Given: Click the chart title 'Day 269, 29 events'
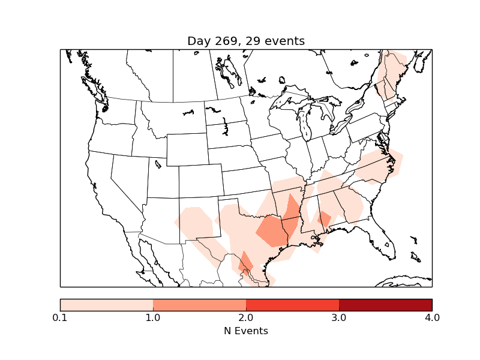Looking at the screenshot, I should (x=246, y=41).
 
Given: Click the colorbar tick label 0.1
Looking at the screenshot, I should (x=60, y=317).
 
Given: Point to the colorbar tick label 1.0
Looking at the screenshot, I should (x=153, y=317).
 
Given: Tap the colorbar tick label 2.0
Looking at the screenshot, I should (x=246, y=317).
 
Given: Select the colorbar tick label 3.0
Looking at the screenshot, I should (x=339, y=317).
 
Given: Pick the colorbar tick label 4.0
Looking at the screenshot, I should (x=432, y=317).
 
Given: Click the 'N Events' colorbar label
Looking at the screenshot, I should (x=246, y=331).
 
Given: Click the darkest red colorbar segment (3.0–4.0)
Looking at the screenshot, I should (x=385, y=305).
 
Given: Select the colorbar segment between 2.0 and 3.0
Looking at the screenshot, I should (x=292, y=305).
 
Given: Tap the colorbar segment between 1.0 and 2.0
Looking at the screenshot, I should (x=199, y=305).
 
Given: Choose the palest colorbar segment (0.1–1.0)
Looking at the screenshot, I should (x=106, y=305).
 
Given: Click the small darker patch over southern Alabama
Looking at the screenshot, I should (x=324, y=218).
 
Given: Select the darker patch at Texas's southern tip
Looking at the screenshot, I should (x=245, y=264).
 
